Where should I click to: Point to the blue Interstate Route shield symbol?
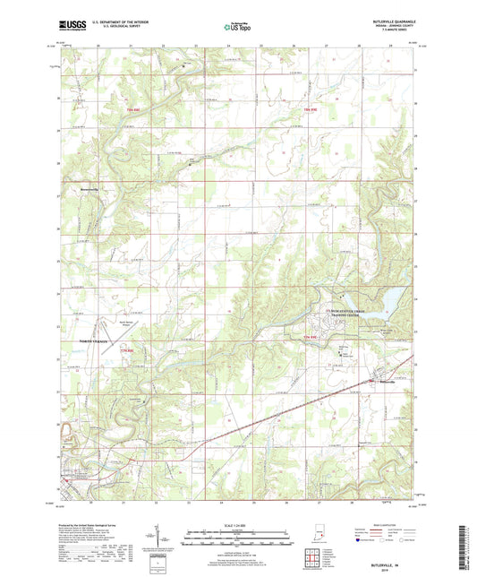pyautogui.click(x=362, y=541)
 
